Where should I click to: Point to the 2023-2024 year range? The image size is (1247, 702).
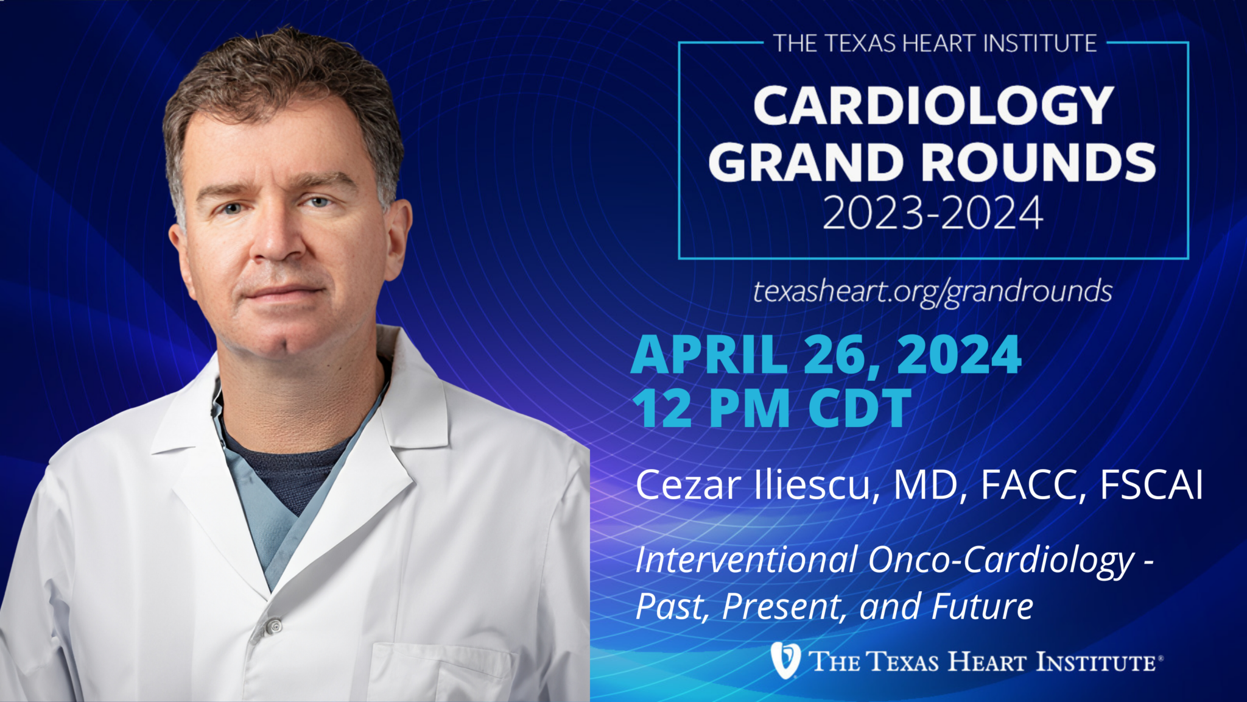click(933, 213)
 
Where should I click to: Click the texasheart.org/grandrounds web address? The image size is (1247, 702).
click(933, 292)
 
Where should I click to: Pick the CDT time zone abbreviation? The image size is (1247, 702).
click(860, 408)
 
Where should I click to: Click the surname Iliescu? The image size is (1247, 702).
click(813, 486)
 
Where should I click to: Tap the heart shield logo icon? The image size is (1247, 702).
click(785, 660)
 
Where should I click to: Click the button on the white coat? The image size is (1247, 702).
click(274, 626)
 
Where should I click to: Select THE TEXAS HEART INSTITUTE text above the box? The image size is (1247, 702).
click(935, 43)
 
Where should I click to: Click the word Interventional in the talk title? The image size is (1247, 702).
click(746, 559)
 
